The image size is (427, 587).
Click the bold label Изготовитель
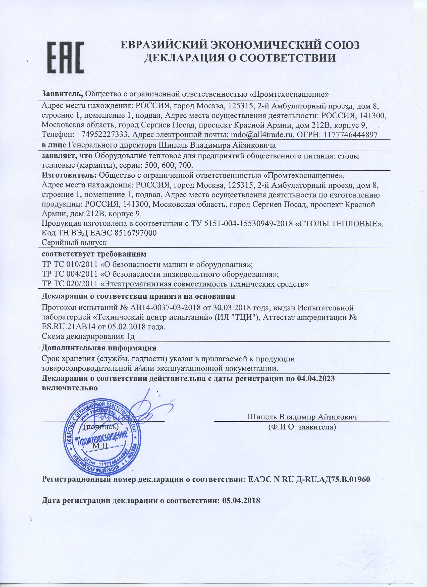(x=69, y=175)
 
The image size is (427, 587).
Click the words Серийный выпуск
(x=74, y=243)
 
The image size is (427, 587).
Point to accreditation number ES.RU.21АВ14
(x=68, y=327)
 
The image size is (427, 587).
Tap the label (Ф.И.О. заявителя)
(x=302, y=426)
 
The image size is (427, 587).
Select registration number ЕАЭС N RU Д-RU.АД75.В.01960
(x=309, y=479)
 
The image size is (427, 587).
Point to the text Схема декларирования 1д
(x=88, y=337)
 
